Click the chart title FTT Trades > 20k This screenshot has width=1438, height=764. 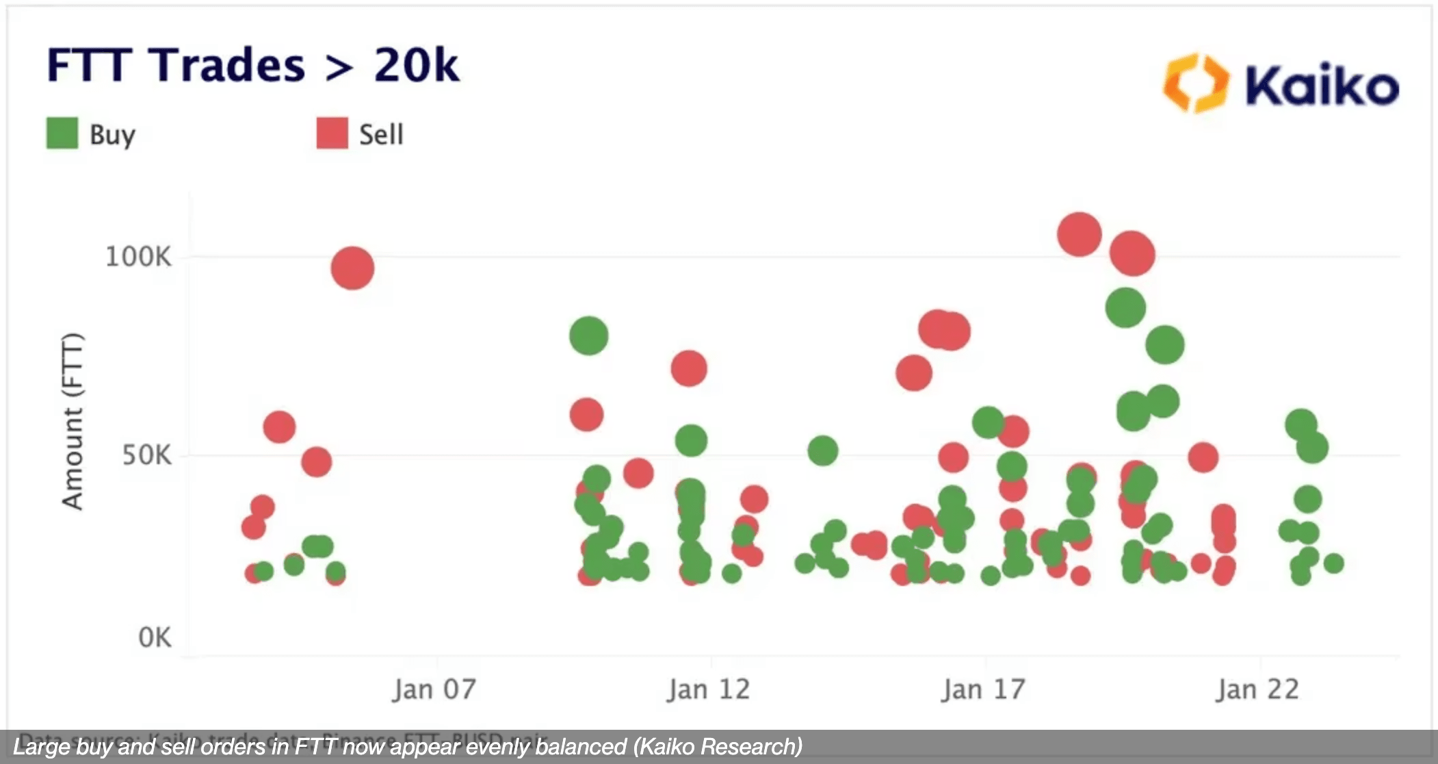coord(253,66)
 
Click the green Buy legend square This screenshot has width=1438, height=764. coord(62,133)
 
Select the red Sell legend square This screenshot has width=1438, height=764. coord(332,133)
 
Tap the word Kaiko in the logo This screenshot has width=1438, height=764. coord(1321,86)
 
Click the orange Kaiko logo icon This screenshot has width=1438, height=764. coord(1195,83)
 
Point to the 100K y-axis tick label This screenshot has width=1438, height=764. coord(138,257)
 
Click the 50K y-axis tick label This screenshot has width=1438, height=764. coord(146,455)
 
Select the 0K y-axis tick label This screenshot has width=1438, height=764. coord(155,638)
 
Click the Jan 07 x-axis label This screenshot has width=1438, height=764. coord(434,689)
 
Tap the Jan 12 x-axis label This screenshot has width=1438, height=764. coord(709,689)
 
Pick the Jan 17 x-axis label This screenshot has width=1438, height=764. coord(983,689)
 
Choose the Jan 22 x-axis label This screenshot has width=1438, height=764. coord(1257,689)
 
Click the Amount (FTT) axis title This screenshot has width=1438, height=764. coord(73,421)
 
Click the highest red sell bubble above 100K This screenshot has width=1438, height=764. coord(1079,234)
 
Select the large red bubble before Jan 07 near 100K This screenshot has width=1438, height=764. coord(352,268)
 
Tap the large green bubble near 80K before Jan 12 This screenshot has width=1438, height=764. coord(588,335)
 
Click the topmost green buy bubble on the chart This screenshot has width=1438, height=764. coord(1125,307)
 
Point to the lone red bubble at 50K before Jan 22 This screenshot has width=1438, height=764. coord(1203,457)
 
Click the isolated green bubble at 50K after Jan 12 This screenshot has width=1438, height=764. coord(822,450)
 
